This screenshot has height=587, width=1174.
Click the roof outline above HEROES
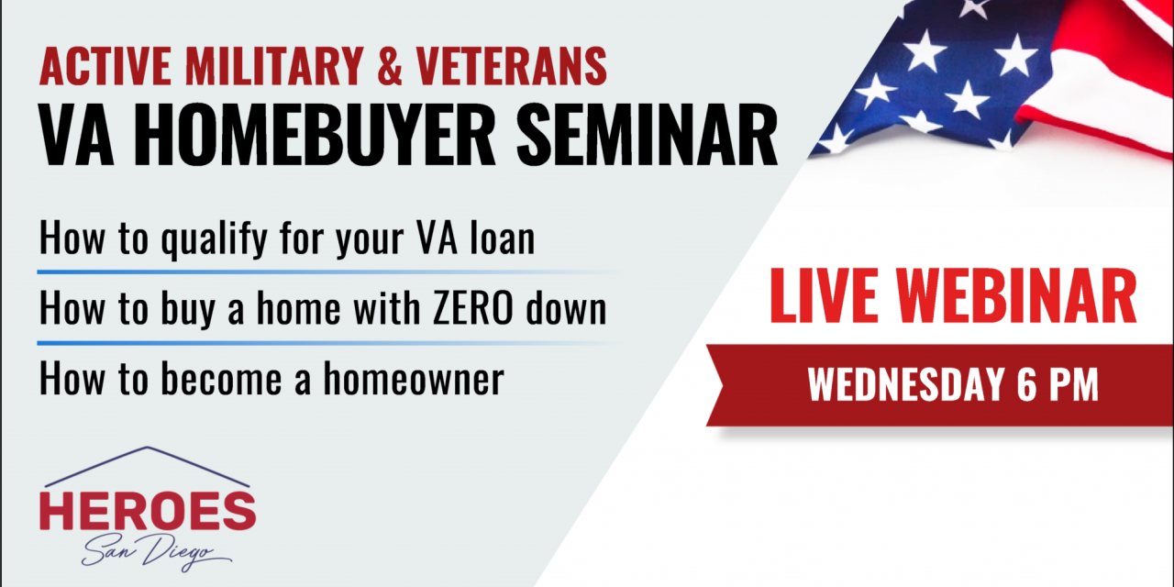(147, 455)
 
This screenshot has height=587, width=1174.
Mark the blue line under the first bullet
(275, 272)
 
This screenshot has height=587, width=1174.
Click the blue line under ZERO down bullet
(275, 342)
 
